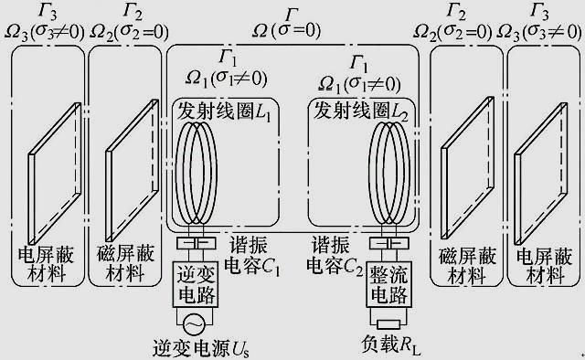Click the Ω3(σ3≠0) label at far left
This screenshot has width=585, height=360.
pos(47,30)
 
